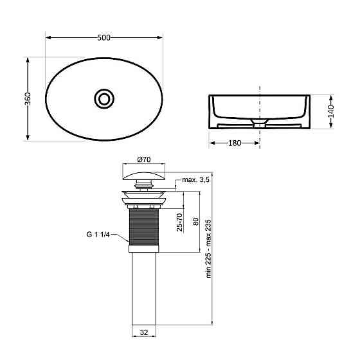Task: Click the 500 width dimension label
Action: pyautogui.click(x=104, y=37)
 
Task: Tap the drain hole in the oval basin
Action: pyautogui.click(x=104, y=98)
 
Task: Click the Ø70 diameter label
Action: pyautogui.click(x=143, y=159)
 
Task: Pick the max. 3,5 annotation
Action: pyautogui.click(x=197, y=179)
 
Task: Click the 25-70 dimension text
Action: pyautogui.click(x=179, y=221)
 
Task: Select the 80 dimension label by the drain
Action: pyautogui.click(x=195, y=221)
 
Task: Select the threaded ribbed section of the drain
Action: pyautogui.click(x=144, y=225)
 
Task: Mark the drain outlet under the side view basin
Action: pyautogui.click(x=259, y=123)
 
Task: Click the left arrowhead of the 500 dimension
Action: pyautogui.click(x=48, y=37)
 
